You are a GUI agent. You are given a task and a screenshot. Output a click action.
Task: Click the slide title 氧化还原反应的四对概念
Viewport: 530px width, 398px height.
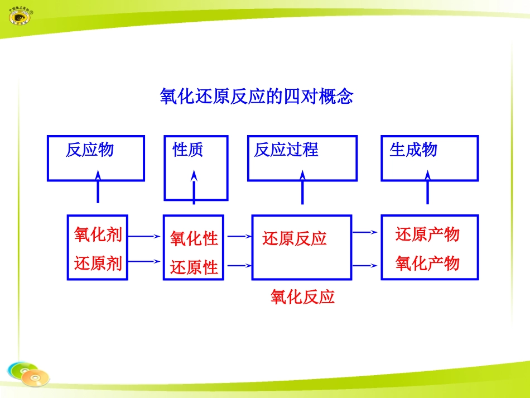coord(257,97)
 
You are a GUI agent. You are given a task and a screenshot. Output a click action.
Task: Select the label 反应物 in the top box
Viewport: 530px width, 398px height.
coord(89,150)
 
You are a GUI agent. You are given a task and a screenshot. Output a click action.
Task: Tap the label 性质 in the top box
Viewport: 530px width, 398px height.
coord(188,150)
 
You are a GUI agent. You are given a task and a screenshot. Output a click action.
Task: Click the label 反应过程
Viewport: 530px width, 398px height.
coord(286,150)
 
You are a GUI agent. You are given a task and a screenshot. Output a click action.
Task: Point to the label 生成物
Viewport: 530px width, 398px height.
coord(413,150)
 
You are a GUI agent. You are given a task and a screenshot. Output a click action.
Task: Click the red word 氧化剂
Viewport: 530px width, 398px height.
coord(98,234)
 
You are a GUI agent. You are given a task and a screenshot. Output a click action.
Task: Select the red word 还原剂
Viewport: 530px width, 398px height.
coord(98,263)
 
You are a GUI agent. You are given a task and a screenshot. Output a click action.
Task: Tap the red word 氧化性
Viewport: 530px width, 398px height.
coord(194,239)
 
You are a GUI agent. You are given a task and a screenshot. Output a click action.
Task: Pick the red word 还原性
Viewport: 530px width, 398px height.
coord(194,267)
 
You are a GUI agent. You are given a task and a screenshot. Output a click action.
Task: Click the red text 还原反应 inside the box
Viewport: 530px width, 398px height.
coord(295,239)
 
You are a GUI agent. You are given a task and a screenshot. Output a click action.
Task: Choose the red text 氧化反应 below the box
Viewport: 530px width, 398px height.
coord(303,297)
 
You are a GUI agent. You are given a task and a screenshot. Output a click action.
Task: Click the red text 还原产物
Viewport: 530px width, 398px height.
coord(427,234)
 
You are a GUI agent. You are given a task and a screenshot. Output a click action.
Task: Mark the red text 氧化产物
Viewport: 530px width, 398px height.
coord(427,263)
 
